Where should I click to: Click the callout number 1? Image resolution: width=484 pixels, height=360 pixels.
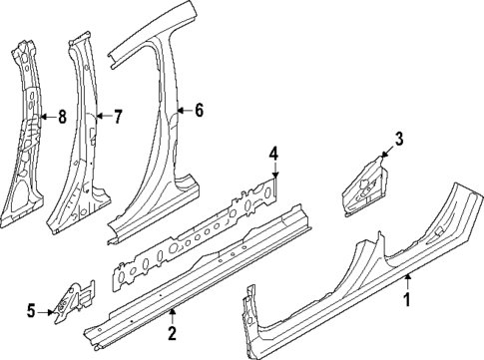click(406, 298)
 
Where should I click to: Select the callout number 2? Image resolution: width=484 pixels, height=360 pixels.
click(172, 332)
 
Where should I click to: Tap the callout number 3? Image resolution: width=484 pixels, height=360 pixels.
click(398, 139)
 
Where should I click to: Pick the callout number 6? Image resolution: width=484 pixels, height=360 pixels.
click(199, 110)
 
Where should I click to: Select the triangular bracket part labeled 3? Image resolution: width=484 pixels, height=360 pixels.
click(363, 184)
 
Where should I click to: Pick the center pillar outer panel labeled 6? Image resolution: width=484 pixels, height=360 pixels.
click(160, 150)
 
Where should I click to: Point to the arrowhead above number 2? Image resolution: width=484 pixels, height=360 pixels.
click(172, 310)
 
